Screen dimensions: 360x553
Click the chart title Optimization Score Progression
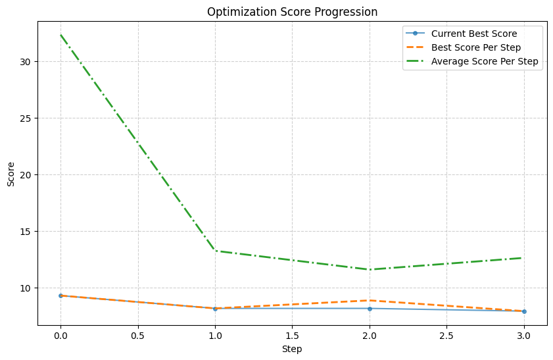coord(292,12)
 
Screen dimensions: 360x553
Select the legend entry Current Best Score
coord(473,34)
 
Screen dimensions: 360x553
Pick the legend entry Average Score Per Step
coord(485,61)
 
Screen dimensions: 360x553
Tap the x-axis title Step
coord(292,349)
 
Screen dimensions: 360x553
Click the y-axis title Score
coord(11,175)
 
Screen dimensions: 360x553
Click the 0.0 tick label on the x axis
coord(60,335)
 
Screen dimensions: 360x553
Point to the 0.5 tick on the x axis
coord(138,335)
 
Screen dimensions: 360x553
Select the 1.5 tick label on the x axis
coord(292,335)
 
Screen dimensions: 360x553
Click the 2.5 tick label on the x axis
coord(446,335)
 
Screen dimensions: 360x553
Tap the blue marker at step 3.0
coord(524,311)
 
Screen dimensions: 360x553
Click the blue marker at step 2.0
coord(370,309)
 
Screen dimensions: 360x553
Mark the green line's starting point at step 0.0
coord(60,35)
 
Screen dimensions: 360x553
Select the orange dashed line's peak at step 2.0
coord(370,300)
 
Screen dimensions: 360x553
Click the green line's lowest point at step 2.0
coord(370,270)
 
